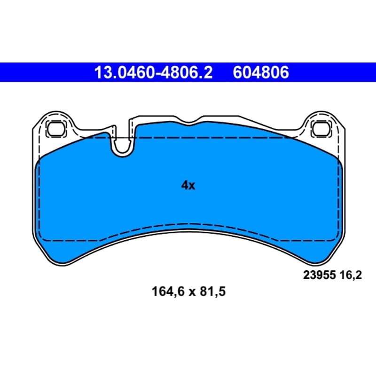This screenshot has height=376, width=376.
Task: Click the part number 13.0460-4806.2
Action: (x=154, y=72)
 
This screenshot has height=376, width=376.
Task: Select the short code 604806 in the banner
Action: (x=261, y=72)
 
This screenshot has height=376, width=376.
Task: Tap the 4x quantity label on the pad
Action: (x=188, y=185)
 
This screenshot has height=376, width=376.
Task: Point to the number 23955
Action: (x=320, y=275)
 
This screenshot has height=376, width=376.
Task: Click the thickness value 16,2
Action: (x=351, y=275)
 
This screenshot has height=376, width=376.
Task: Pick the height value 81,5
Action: (x=213, y=292)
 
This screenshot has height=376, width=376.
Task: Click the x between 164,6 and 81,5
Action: (x=192, y=293)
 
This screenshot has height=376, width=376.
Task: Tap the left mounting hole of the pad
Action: (x=56, y=129)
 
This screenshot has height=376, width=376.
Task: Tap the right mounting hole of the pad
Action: (x=321, y=129)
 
